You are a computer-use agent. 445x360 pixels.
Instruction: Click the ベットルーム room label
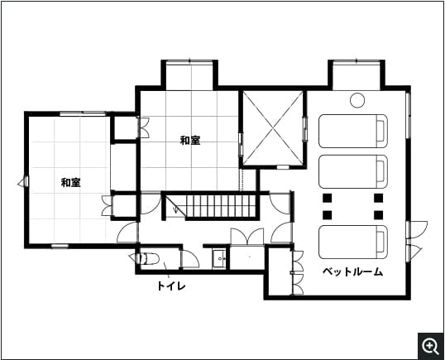[x=352, y=271]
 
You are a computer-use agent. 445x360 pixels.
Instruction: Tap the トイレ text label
[x=171, y=286]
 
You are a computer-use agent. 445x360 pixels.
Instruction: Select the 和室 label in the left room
[x=70, y=182]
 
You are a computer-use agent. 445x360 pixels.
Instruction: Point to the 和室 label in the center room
[x=190, y=140]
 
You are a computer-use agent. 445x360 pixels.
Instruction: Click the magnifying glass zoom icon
[x=430, y=345]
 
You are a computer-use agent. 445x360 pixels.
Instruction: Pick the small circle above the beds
[x=356, y=101]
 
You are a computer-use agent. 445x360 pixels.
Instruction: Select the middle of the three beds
[x=352, y=170]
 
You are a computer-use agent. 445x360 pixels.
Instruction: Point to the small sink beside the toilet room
[x=220, y=258]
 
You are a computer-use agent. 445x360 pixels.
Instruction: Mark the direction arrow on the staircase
[x=176, y=208]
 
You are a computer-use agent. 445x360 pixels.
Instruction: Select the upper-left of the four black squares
[x=328, y=198]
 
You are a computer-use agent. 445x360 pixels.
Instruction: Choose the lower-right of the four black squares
[x=379, y=214]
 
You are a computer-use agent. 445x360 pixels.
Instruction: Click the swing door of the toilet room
[x=189, y=258]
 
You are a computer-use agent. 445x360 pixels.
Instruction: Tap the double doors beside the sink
[x=246, y=238]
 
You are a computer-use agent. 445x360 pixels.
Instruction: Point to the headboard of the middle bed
[x=381, y=170]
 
